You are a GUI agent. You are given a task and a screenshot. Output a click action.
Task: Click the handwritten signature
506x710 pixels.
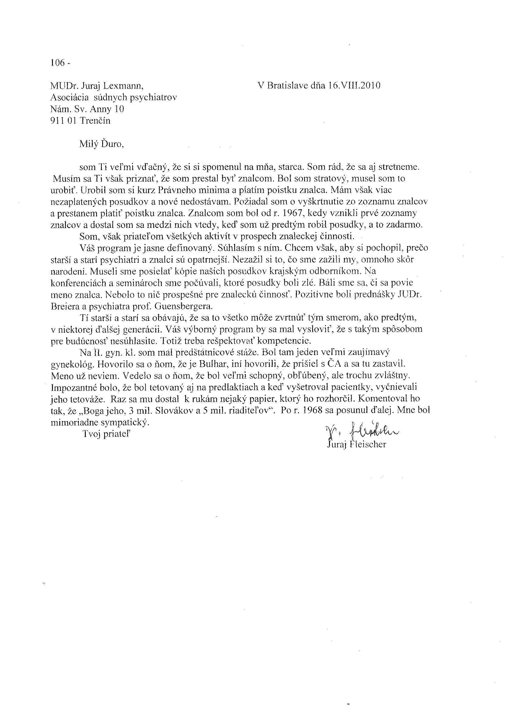pyautogui.click(x=362, y=432)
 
